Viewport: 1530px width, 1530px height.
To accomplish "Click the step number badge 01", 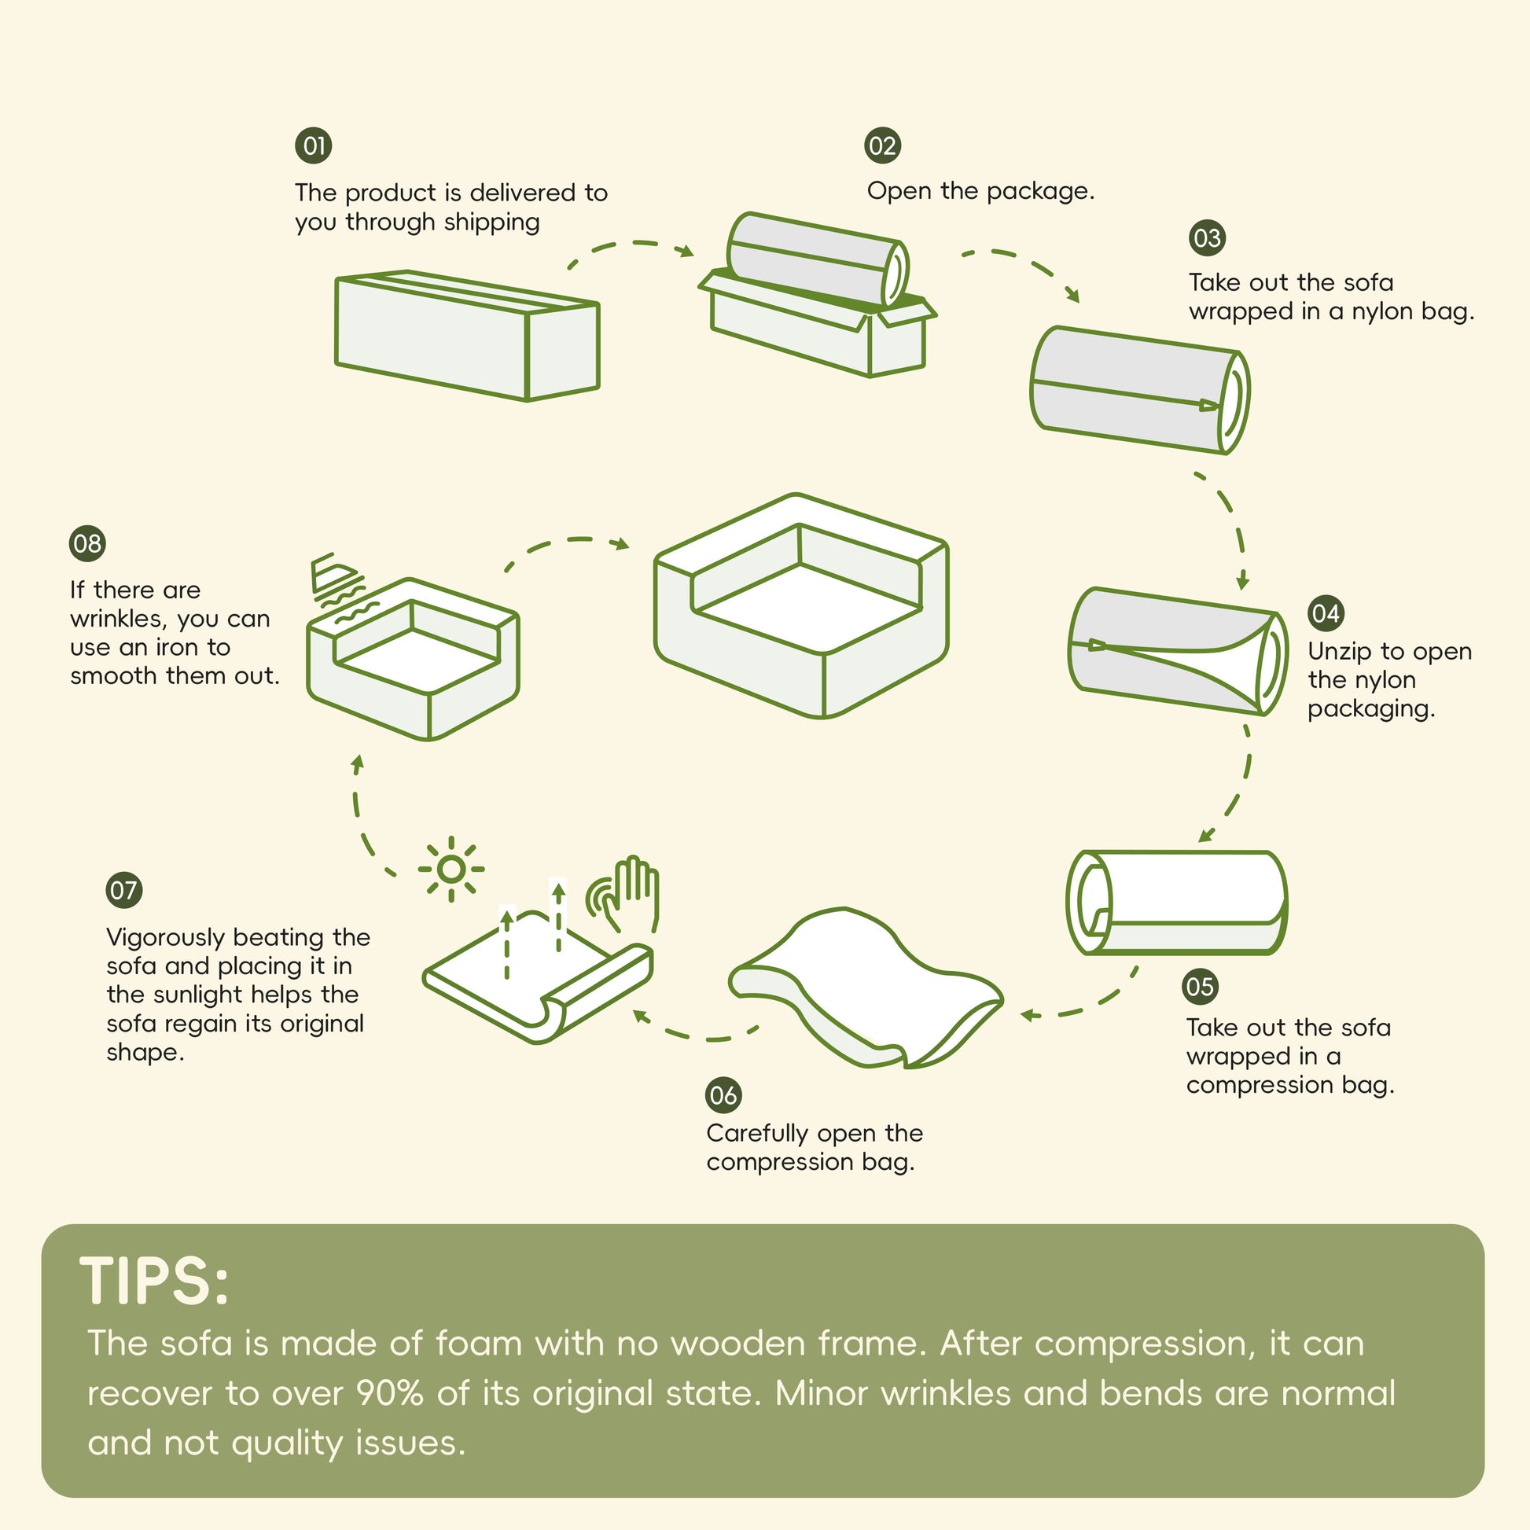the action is tap(314, 145).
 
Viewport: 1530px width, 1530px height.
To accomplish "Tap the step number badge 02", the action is tap(883, 145).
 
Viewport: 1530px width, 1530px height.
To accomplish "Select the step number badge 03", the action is tap(1207, 237).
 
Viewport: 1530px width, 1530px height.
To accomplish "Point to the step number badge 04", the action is tap(1326, 613).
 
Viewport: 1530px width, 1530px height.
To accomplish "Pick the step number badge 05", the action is tap(1200, 987).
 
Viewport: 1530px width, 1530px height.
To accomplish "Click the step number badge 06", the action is tap(723, 1095).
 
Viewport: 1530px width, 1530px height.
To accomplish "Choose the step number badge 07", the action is tap(123, 890).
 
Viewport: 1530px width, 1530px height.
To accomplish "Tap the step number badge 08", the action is tap(87, 543).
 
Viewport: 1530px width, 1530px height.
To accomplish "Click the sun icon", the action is tap(451, 870).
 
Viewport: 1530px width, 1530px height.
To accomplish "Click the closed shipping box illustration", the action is tap(467, 336).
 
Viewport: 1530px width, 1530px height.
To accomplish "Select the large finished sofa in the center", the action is tap(800, 606).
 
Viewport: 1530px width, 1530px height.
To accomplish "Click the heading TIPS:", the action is tap(154, 1282).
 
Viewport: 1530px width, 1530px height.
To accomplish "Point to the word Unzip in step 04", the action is tap(1340, 653).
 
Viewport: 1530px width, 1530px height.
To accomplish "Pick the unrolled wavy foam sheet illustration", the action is tap(866, 988).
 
